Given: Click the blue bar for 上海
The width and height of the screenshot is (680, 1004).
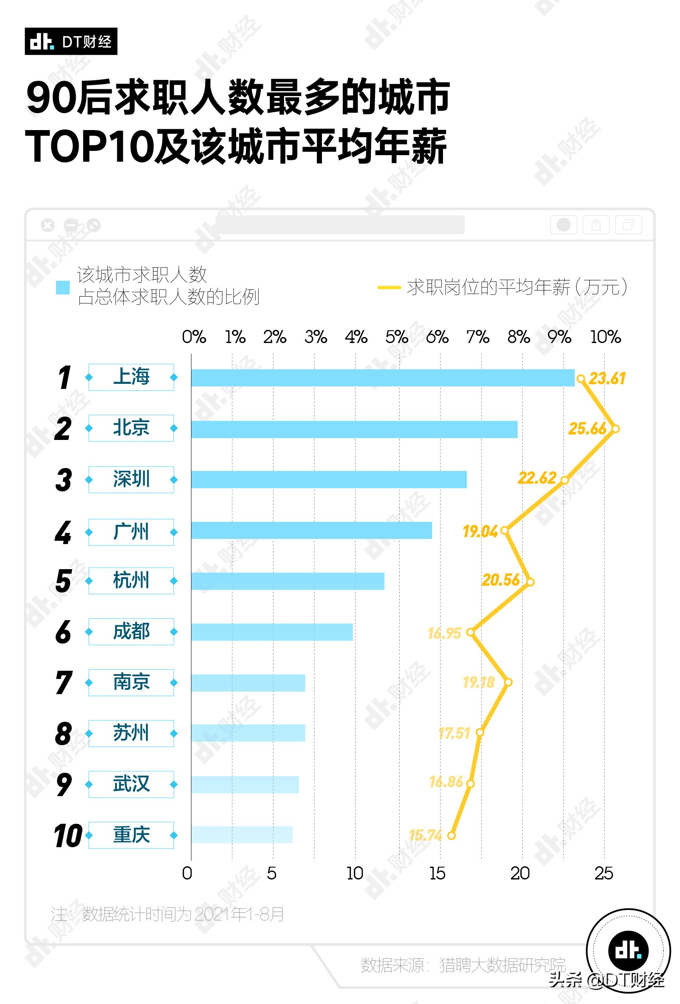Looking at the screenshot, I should [383, 378].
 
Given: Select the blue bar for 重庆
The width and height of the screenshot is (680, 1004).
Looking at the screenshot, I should [242, 835].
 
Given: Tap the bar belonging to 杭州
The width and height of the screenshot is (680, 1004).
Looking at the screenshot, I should [288, 581].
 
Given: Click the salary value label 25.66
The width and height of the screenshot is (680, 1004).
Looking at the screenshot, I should [587, 428].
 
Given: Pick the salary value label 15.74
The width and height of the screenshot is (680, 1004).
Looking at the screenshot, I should [425, 835].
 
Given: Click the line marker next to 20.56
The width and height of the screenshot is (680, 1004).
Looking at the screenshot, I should [530, 582].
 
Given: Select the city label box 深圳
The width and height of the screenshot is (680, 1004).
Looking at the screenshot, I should [131, 479].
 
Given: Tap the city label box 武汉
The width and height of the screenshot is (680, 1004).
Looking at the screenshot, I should [131, 784].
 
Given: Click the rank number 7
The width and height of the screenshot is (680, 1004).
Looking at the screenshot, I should [63, 683].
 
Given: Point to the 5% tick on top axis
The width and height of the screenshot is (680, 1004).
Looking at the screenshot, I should [396, 337].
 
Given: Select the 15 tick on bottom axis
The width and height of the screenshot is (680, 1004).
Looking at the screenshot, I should [437, 874].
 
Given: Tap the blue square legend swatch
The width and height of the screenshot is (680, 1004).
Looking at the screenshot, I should [63, 287].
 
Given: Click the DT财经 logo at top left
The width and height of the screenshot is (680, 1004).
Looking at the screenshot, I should [71, 42].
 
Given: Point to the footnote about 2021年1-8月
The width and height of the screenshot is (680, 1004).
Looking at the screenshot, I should [167, 914].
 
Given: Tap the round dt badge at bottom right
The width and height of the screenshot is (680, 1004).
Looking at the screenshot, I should [628, 950].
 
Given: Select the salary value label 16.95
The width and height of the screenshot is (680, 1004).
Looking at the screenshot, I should [444, 633].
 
